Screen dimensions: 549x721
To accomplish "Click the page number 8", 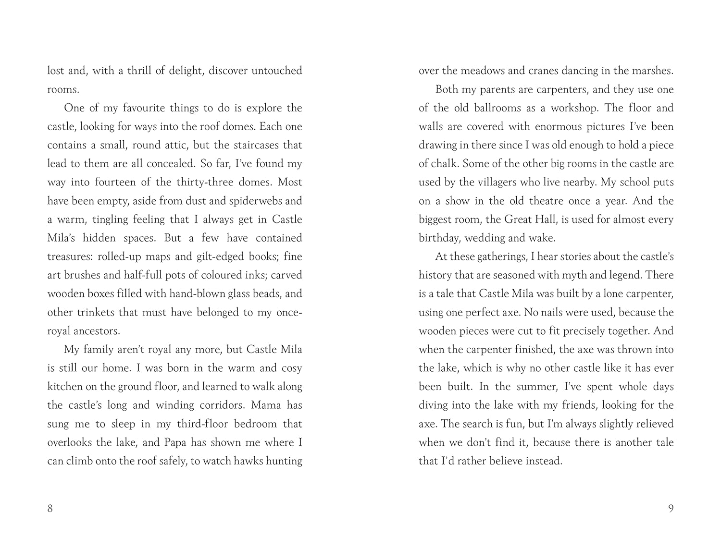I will tap(50, 509).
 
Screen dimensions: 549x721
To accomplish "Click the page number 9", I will tap(671, 509).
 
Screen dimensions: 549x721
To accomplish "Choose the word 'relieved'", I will tap(654, 424).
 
